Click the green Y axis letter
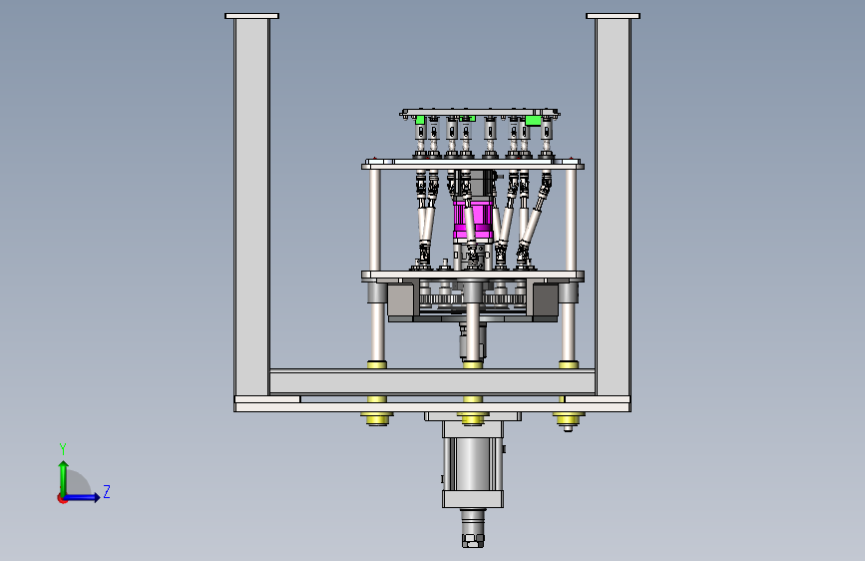[x=63, y=448]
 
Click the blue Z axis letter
[x=107, y=491]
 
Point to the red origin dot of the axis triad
[x=62, y=498]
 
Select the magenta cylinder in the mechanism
[x=473, y=221]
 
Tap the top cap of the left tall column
[x=251, y=16]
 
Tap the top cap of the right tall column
[x=613, y=16]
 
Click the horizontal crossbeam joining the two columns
[x=432, y=381]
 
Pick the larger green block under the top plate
[x=533, y=121]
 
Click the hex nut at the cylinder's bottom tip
[x=473, y=539]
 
